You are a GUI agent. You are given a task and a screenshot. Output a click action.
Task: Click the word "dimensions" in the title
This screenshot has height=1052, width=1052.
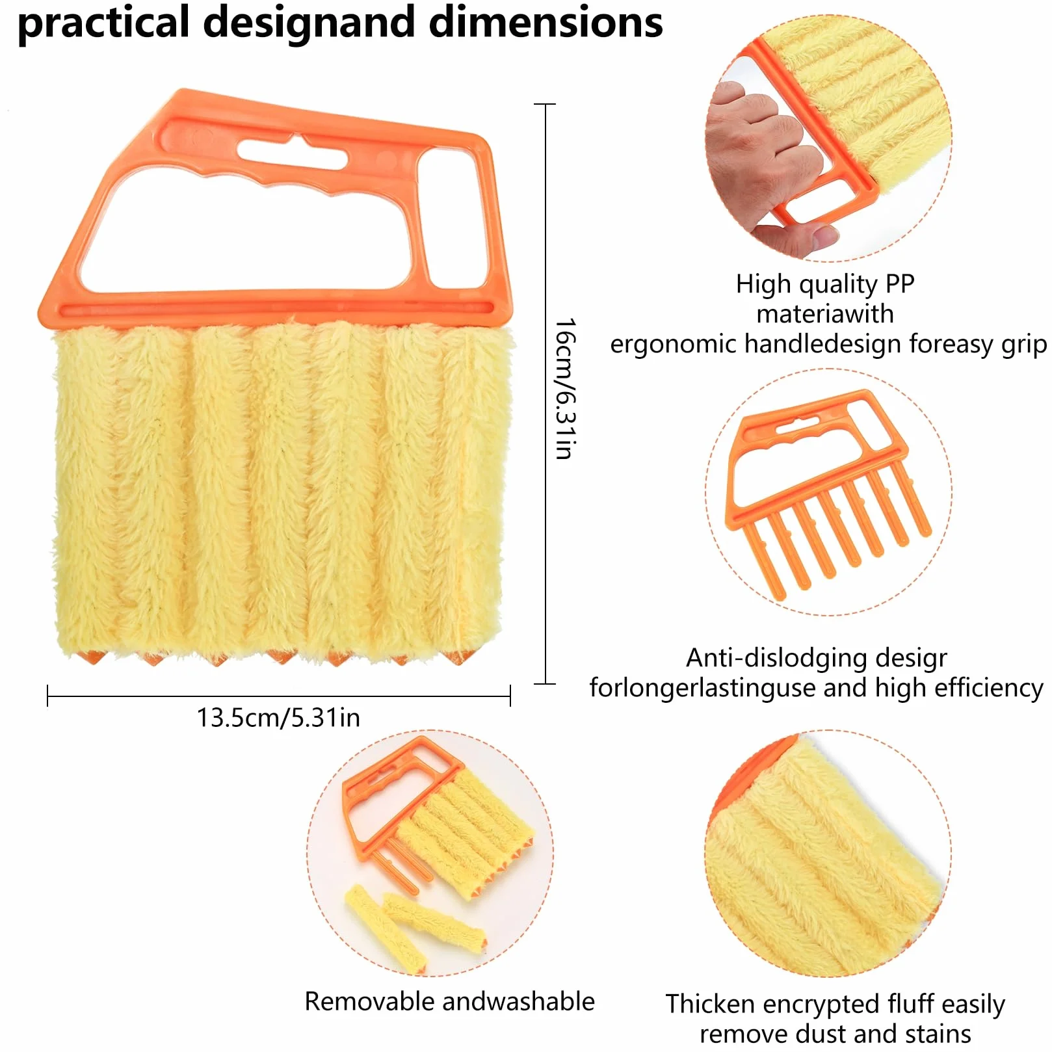[546, 22]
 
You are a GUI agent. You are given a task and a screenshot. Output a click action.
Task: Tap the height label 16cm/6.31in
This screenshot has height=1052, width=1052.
[565, 389]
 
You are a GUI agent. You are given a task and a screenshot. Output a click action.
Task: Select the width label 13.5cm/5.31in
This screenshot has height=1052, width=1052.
[278, 718]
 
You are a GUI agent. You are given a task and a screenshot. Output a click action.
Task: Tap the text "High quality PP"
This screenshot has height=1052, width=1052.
[825, 284]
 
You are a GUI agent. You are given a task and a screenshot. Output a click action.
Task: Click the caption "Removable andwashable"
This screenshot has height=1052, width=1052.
[449, 1001]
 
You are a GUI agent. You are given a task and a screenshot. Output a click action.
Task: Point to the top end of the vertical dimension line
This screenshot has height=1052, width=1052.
[545, 104]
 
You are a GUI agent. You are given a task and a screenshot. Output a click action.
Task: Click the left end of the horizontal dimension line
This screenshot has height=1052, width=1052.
[48, 696]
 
